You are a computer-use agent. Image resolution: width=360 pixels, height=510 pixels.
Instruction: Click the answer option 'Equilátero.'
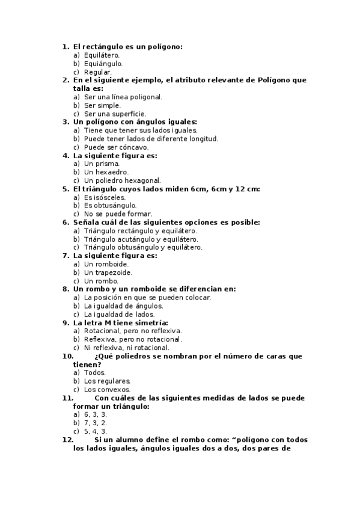tap(102, 55)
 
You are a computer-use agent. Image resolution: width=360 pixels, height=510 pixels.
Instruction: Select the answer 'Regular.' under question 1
tap(98, 72)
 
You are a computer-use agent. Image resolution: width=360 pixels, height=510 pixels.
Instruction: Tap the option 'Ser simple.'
tap(102, 105)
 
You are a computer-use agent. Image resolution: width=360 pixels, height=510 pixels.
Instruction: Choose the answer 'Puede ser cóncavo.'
tap(116, 147)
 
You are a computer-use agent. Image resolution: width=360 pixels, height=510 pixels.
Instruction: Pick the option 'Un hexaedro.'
tap(106, 172)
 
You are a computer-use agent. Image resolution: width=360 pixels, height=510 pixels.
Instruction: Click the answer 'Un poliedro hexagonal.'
tap(122, 180)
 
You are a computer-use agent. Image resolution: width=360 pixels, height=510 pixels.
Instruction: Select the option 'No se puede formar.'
tap(118, 214)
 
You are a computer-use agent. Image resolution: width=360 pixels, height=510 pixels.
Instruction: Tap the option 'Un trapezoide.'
tap(108, 272)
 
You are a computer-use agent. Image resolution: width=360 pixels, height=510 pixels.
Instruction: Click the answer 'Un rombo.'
tap(102, 281)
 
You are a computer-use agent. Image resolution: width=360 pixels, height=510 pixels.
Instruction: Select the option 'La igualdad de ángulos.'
tap(123, 306)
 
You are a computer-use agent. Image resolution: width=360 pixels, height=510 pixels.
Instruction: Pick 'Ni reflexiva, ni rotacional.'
tap(126, 348)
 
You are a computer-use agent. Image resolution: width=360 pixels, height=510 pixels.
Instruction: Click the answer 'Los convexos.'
tap(107, 389)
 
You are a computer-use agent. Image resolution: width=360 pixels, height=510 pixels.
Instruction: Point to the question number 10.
tap(68, 356)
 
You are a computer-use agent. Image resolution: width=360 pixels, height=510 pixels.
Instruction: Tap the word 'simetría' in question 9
tap(151, 322)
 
